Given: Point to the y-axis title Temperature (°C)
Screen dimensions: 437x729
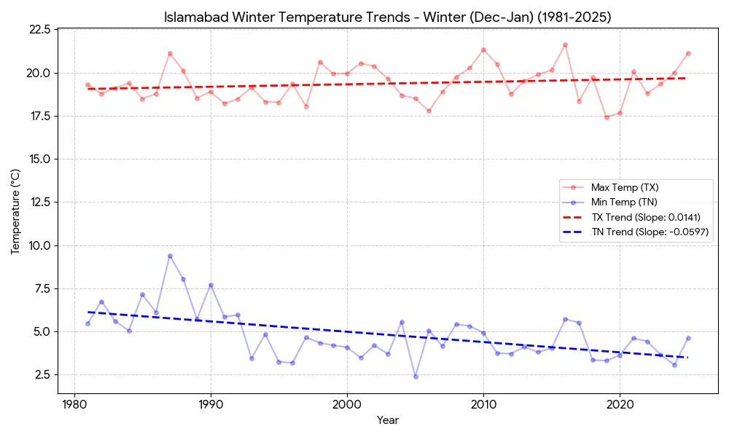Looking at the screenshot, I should pos(15,210).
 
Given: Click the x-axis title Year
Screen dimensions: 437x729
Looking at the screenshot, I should pos(388,420).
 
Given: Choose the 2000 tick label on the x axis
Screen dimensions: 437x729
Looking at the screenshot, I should pos(347,403).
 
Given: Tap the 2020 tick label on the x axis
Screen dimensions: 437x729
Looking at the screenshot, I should pos(620,403).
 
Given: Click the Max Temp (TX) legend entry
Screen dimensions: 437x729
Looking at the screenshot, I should pos(625,187).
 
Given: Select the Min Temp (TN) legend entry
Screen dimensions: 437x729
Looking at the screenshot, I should pos(624,202).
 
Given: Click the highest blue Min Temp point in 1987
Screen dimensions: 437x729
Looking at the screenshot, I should pos(170,256).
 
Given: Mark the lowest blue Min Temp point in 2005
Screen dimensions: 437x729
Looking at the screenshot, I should pos(416,377).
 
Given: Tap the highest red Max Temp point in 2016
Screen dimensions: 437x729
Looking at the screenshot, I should pos(565,44).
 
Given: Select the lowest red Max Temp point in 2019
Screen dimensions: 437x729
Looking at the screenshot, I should pos(607,117).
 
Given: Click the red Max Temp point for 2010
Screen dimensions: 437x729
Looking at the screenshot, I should pos(483,50).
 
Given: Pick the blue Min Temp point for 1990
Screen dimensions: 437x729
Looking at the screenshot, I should pos(211,285).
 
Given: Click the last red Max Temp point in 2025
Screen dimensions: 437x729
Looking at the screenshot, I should pos(688,53).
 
